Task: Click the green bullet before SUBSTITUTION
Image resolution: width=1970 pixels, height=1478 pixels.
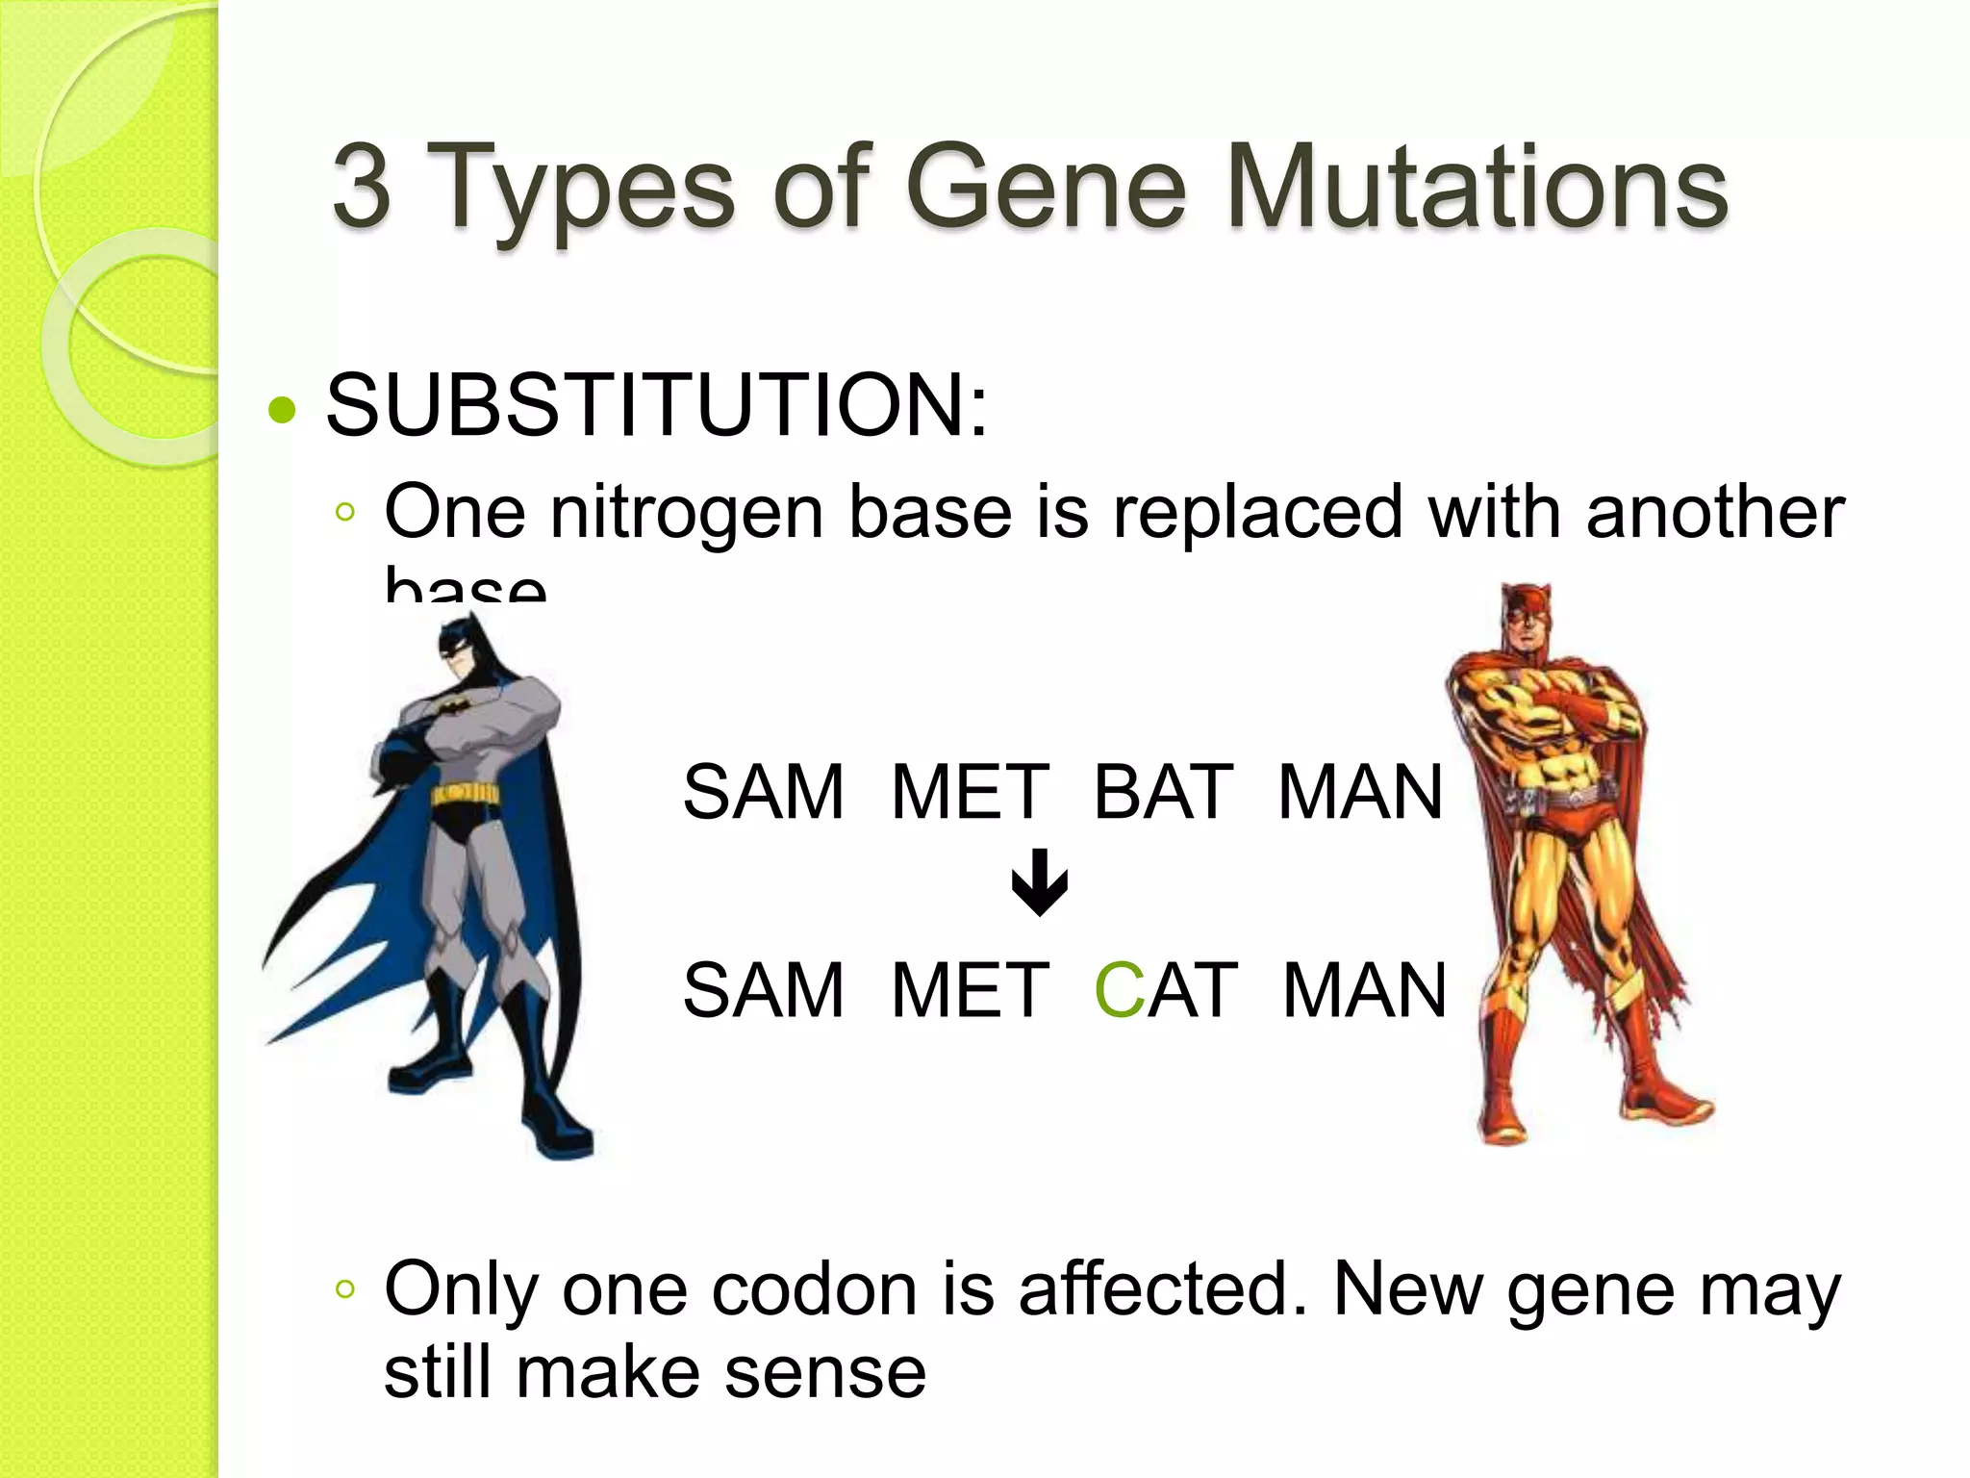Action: click(282, 411)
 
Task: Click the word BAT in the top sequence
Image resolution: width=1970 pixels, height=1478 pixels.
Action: click(1162, 792)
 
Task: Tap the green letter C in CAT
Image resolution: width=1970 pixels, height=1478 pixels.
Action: click(1118, 990)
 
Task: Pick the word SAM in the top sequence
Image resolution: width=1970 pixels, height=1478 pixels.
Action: click(763, 792)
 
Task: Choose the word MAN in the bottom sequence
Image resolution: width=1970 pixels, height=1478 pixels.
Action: click(1364, 990)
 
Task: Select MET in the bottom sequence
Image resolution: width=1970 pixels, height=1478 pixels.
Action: click(970, 990)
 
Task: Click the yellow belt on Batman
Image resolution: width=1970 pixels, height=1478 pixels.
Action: click(466, 795)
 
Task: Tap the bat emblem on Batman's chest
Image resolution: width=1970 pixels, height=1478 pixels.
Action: click(452, 708)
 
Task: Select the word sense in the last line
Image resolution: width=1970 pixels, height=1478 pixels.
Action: click(824, 1373)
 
